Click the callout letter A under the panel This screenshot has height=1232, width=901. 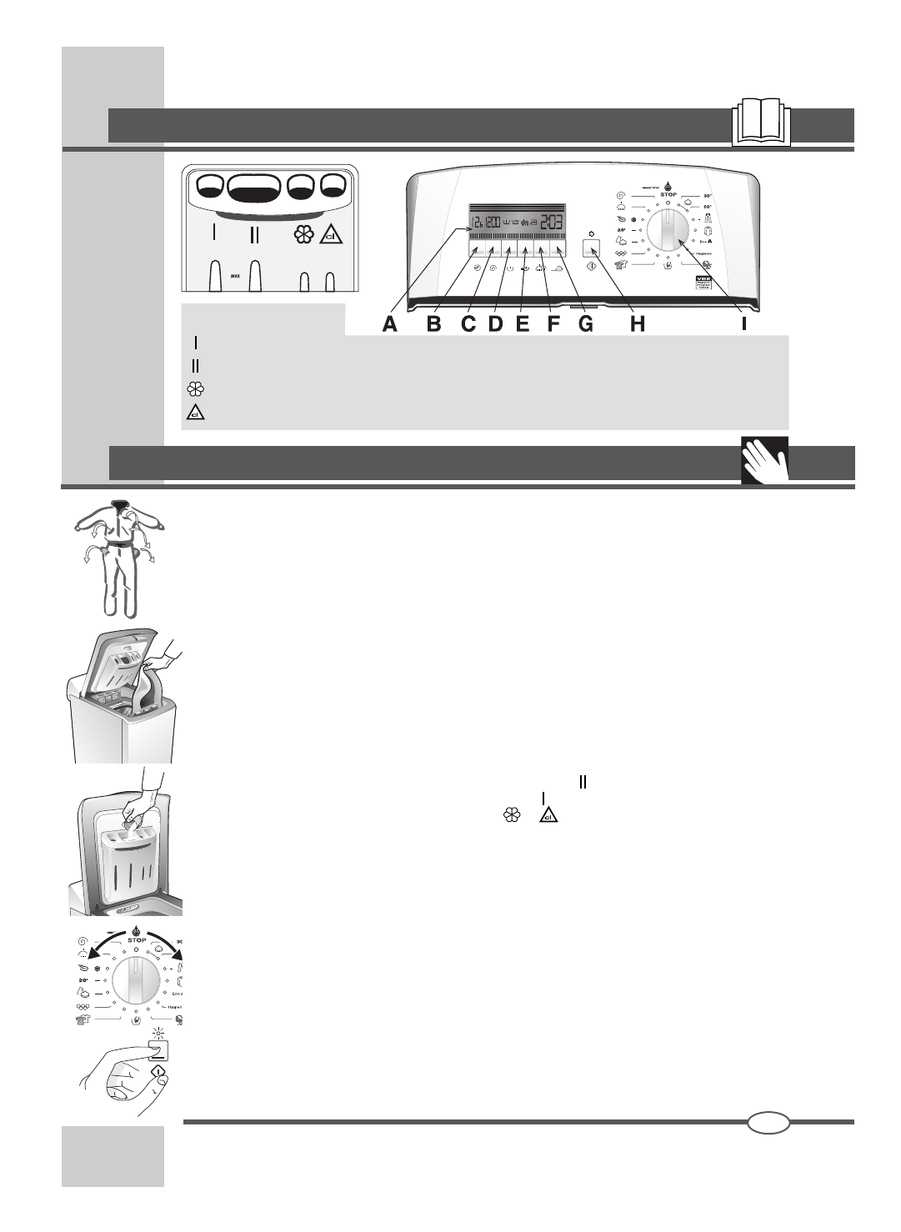pos(390,325)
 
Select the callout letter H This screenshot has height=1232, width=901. pos(637,325)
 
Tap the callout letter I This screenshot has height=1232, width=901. pos(744,325)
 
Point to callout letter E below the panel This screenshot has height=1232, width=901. pos(523,325)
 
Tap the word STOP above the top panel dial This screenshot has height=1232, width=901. pos(668,194)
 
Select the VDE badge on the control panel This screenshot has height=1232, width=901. pos(704,283)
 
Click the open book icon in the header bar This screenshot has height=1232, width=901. pos(760,124)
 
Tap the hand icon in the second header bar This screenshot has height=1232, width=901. pos(764,461)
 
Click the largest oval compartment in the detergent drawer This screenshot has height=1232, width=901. pos(253,190)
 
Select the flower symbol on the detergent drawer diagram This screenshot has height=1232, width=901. pos(303,235)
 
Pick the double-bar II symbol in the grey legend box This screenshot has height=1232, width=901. pos(195,365)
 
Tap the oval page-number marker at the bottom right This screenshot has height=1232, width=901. pos(768,1122)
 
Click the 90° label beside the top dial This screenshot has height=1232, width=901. pos(708,194)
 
